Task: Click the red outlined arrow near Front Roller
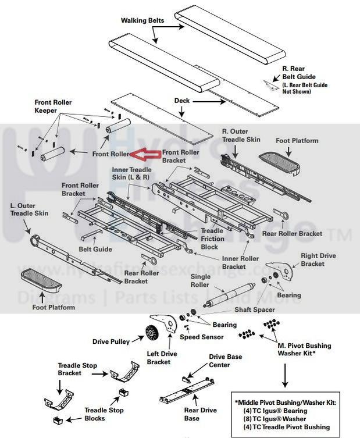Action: coord(145,154)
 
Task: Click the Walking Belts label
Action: coord(142,20)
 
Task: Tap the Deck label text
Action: coord(182,100)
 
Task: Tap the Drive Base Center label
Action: coord(226,361)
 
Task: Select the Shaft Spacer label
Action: coord(254,309)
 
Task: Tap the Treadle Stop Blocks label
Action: coord(105,414)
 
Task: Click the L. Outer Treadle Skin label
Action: coord(28,210)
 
